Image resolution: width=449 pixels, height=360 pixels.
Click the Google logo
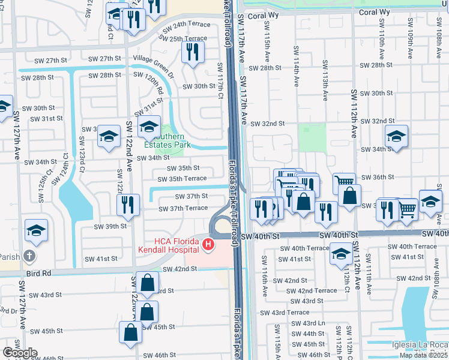(20, 353)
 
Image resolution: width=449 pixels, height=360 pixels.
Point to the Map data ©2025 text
(423, 355)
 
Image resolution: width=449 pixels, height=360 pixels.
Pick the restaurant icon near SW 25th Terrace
(192, 52)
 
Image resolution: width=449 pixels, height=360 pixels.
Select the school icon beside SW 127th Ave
(36, 230)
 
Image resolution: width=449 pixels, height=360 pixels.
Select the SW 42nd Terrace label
(312, 290)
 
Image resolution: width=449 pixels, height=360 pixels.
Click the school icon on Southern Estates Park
(149, 126)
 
